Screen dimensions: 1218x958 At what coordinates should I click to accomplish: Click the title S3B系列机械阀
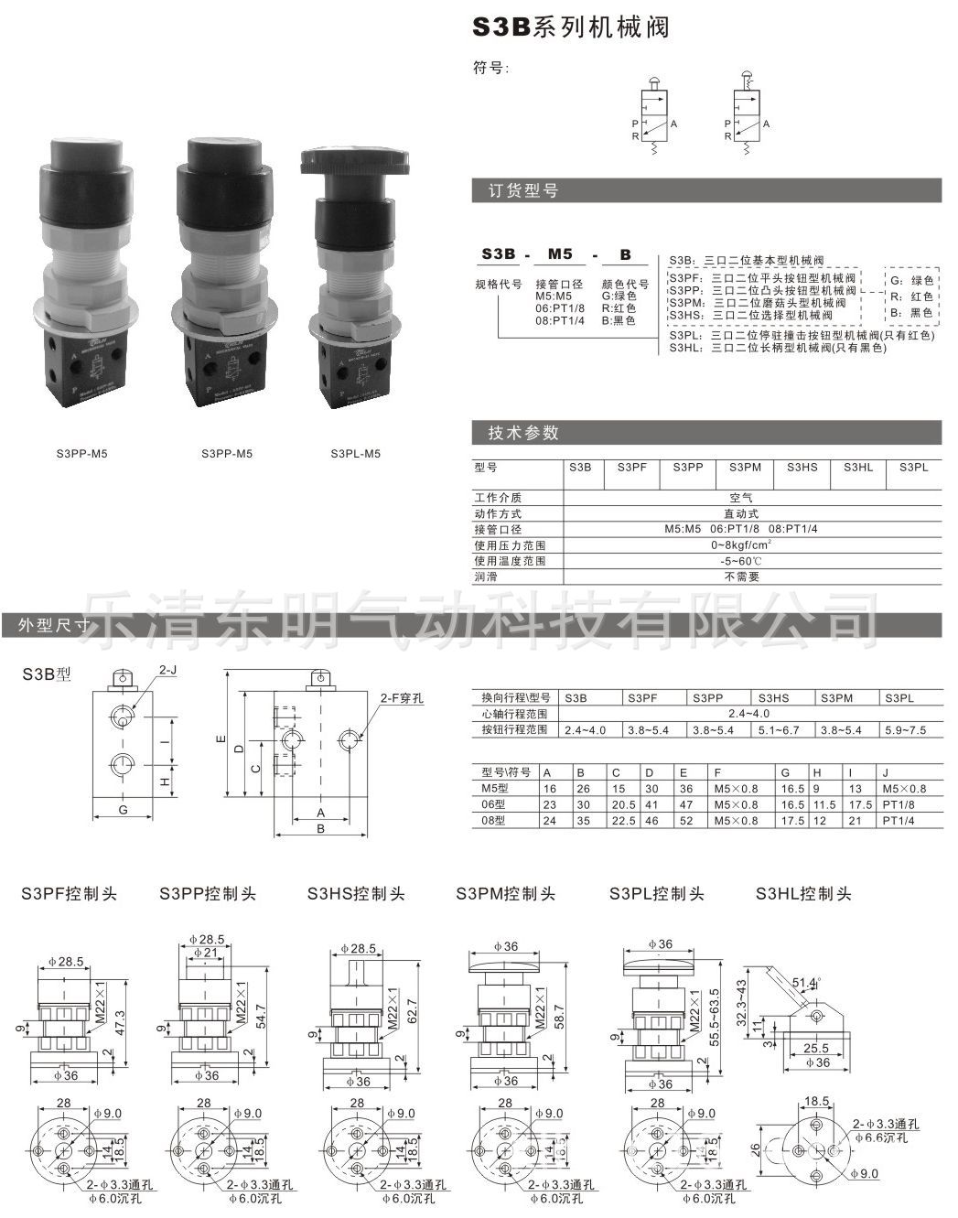(570, 27)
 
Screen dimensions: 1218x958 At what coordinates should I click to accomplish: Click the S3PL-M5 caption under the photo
(354, 453)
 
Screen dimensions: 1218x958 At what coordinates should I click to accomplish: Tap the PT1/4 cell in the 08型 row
(898, 821)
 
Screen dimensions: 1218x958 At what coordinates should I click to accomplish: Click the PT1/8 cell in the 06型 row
(898, 804)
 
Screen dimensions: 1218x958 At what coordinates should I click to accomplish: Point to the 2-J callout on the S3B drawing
(168, 670)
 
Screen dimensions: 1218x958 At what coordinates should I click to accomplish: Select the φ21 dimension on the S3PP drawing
(210, 953)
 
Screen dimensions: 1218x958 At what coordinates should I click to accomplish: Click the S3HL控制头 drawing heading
(802, 894)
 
